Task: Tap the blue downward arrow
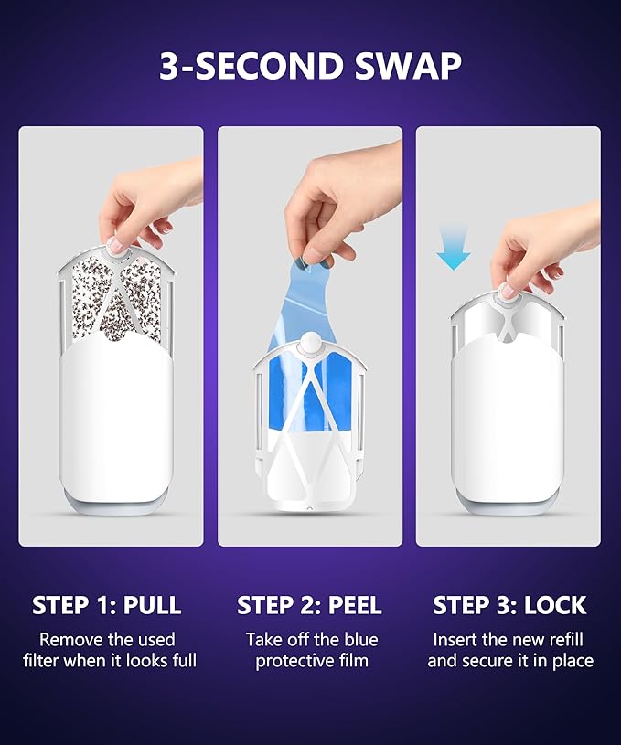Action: pos(453,248)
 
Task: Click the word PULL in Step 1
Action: pos(152,605)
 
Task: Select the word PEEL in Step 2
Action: pos(355,605)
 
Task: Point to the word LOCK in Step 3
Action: pos(555,605)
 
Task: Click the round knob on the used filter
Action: pos(115,247)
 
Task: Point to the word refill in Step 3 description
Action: pos(566,640)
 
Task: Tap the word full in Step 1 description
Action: pos(184,660)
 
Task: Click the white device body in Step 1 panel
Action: pos(114,418)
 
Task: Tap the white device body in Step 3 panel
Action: pos(508,418)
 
